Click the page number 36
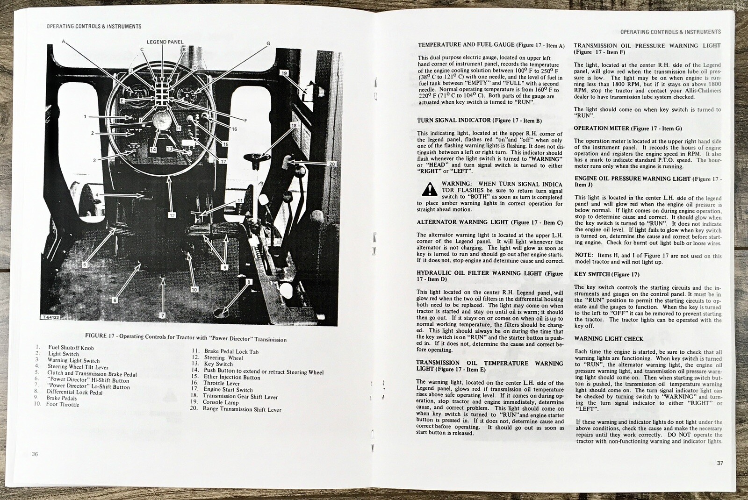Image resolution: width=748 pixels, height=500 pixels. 35,454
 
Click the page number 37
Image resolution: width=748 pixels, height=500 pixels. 719,463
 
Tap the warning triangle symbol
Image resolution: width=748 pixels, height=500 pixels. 427,189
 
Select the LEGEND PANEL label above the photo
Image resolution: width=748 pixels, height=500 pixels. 165,42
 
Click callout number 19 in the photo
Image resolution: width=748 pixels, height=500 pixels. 284,73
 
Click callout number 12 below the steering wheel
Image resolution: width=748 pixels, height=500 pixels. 172,215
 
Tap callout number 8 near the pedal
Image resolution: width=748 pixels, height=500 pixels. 249,282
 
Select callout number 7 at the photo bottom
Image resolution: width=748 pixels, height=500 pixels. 163,315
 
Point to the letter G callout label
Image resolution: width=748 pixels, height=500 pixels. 268,43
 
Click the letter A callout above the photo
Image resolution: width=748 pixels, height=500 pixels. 64,41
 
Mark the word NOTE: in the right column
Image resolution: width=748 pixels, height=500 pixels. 583,256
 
